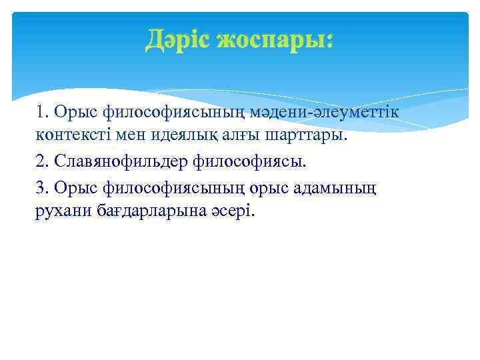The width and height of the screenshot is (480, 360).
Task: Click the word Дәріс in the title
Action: pyautogui.click(x=179, y=41)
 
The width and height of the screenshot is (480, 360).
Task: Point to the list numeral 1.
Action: pyautogui.click(x=41, y=111)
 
